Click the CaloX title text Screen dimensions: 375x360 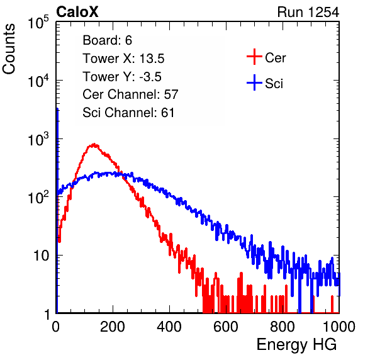pos(77,12)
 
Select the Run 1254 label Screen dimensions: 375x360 pos(308,12)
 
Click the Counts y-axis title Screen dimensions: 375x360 pos(9,49)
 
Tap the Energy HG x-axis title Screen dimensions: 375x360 pos(296,344)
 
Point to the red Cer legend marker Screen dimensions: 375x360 pos(254,57)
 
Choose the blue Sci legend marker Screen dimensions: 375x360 pos(254,83)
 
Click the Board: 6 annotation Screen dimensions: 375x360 pos(107,40)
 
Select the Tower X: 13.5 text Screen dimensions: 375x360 pos(123,59)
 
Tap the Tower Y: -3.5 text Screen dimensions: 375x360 pos(122,77)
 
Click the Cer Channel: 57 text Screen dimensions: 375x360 pos(130,94)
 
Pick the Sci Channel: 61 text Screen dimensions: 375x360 pos(128,113)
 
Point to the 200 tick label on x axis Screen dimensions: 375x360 pos(113,327)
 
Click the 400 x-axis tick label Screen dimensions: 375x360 pos(169,327)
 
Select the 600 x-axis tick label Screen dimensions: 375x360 pos(226,327)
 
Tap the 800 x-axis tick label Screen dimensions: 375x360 pos(283,327)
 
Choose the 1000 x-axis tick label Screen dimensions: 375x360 pos(339,327)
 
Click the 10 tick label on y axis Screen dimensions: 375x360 pos(42,256)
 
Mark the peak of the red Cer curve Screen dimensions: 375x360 pos(95,144)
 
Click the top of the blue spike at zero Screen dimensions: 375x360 pos(57,109)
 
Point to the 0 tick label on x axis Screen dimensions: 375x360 pos(56,327)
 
